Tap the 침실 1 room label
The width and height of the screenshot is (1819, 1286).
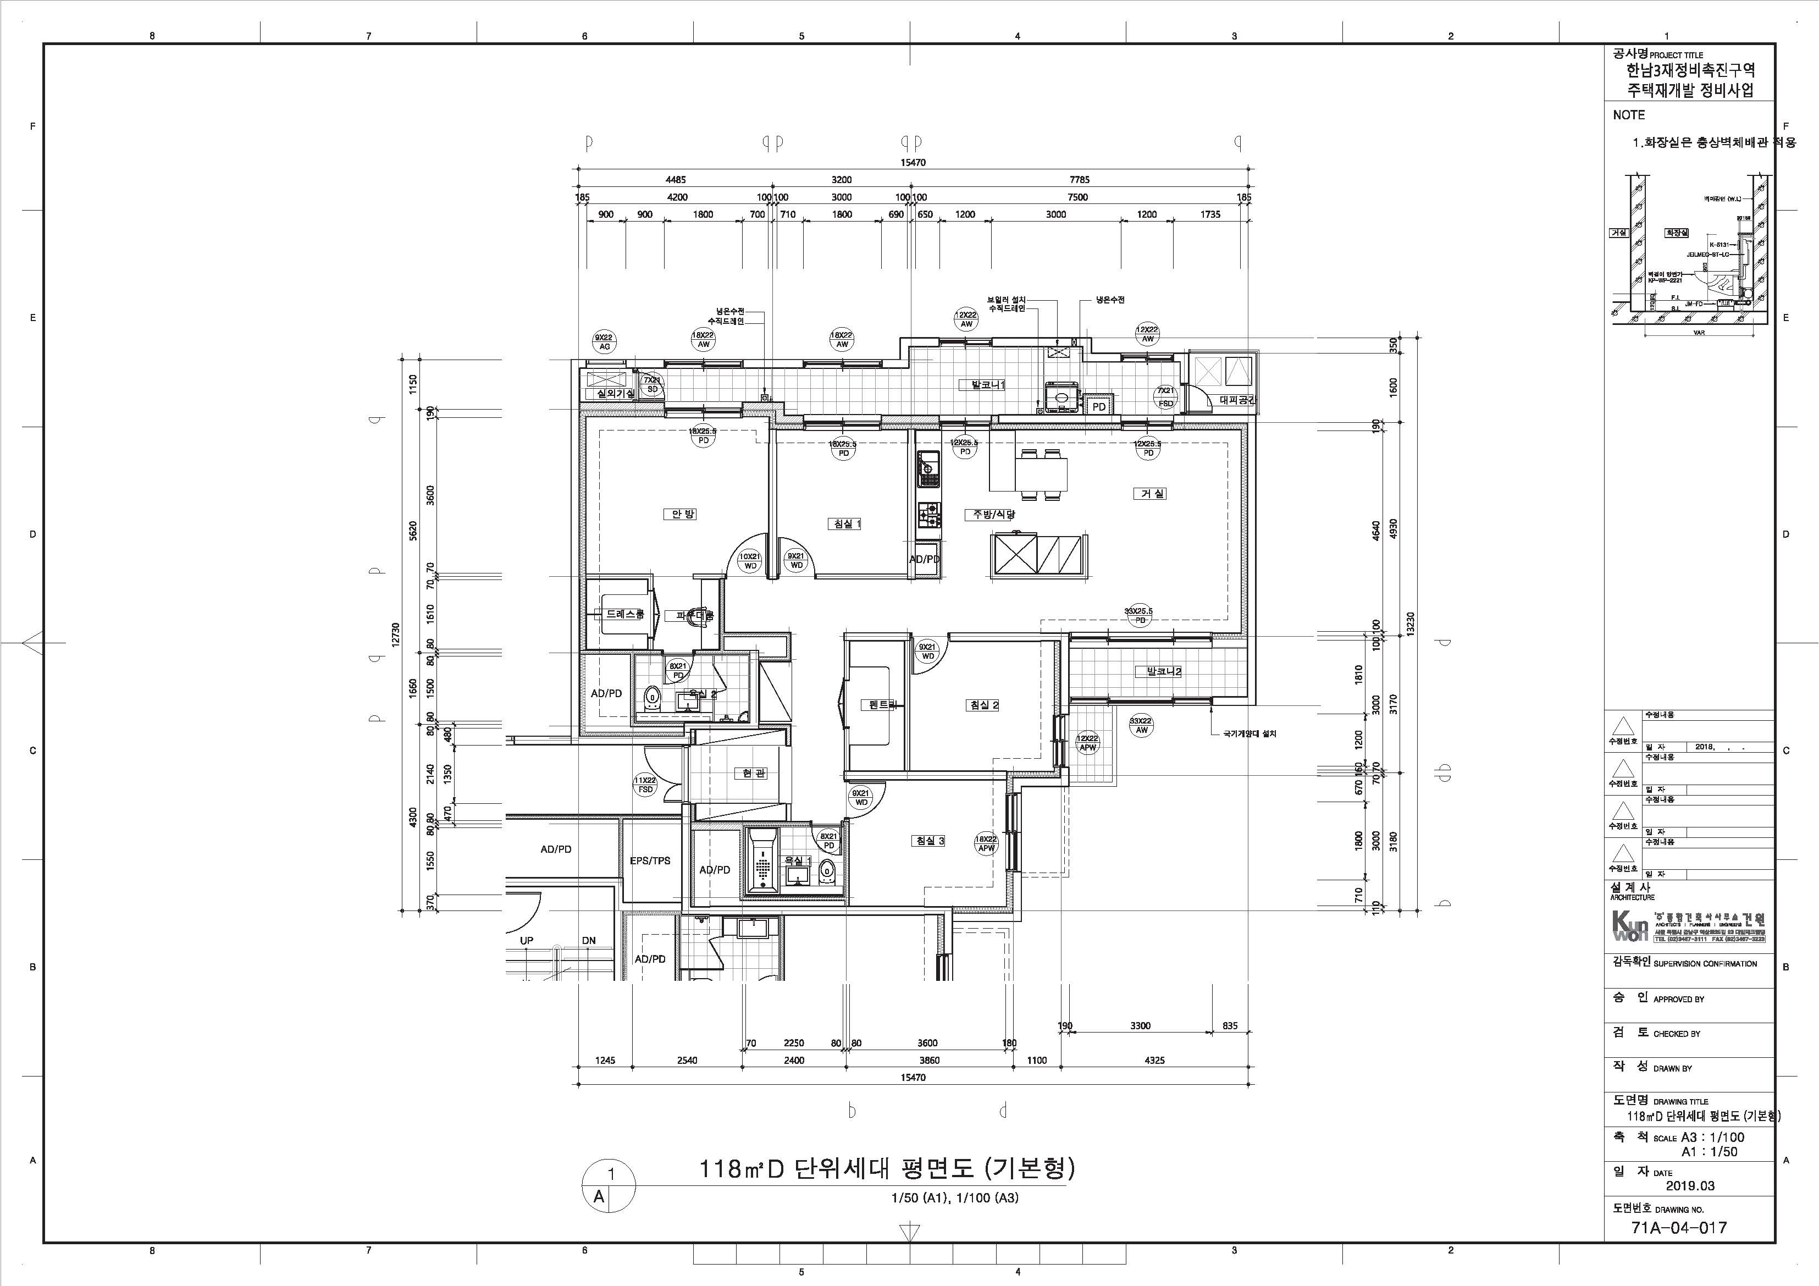[846, 524]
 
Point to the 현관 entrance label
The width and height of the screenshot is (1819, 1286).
[749, 774]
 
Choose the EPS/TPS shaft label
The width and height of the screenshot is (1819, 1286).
[650, 860]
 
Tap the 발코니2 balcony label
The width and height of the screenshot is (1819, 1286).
[1158, 672]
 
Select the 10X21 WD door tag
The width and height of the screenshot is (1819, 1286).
[749, 561]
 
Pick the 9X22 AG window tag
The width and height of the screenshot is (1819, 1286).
[605, 343]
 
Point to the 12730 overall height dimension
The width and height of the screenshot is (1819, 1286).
[395, 634]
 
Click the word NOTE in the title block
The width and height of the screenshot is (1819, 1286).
[1629, 115]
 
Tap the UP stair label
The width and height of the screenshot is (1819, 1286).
[526, 941]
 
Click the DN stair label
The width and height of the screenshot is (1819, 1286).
[589, 941]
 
